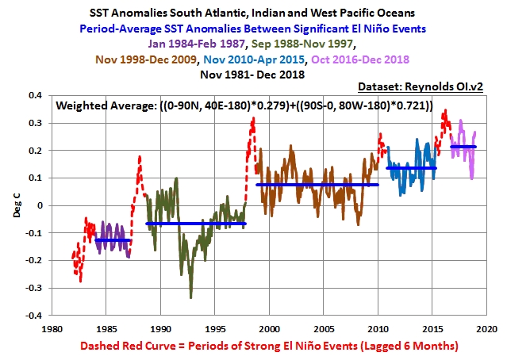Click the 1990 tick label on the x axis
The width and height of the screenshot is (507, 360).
pyautogui.click(x=161, y=327)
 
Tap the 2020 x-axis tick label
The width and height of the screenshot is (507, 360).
pyautogui.click(x=486, y=327)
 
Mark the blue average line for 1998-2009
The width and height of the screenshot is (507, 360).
pyautogui.click(x=317, y=185)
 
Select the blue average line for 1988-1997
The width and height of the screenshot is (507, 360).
pyautogui.click(x=196, y=224)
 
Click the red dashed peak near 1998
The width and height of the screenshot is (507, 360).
pyautogui.click(x=253, y=120)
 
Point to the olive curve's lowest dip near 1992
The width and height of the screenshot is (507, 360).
pyautogui.click(x=191, y=297)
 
